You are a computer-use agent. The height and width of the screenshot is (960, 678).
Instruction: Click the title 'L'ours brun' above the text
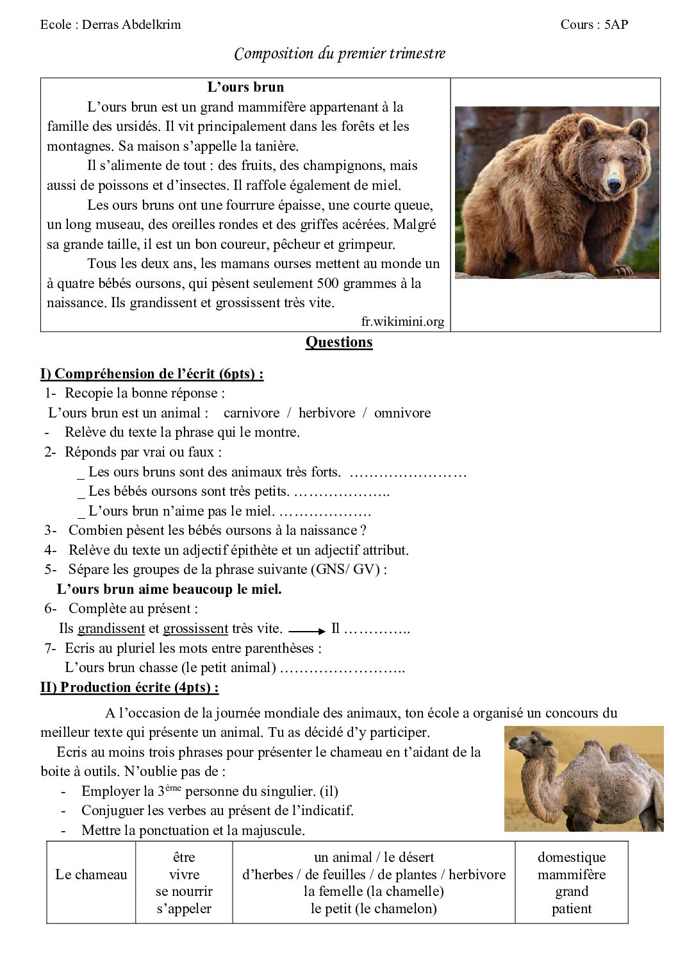pyautogui.click(x=245, y=87)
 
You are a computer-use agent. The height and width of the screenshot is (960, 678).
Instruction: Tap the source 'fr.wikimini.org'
pyautogui.click(x=402, y=322)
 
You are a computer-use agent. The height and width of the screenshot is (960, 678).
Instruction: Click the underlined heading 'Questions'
pyautogui.click(x=339, y=342)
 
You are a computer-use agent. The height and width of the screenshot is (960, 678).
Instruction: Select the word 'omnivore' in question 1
pyautogui.click(x=402, y=413)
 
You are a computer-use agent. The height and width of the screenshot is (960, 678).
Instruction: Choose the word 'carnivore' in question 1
pyautogui.click(x=251, y=413)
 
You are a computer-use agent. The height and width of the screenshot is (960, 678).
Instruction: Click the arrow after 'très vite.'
pyautogui.click(x=308, y=630)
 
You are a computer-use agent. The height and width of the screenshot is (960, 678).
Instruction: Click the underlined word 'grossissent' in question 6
pyautogui.click(x=195, y=628)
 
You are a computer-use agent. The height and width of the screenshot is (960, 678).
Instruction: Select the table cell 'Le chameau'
pyautogui.click(x=91, y=875)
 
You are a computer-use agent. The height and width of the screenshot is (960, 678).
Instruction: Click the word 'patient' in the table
pyautogui.click(x=572, y=909)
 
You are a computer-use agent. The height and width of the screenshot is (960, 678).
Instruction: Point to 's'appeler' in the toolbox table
pyautogui.click(x=184, y=909)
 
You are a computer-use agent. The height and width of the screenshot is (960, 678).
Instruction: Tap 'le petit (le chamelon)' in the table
pyautogui.click(x=374, y=909)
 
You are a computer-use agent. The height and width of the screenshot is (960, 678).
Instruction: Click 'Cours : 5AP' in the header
pyautogui.click(x=594, y=25)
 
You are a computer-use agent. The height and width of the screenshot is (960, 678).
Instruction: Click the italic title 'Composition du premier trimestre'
pyautogui.click(x=340, y=54)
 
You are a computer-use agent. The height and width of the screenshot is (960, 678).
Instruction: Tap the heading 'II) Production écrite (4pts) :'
pyautogui.click(x=129, y=687)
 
